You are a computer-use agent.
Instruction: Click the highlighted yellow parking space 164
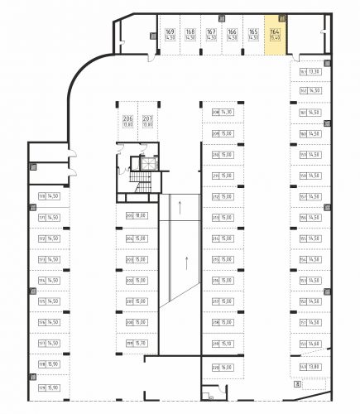(x=275, y=36)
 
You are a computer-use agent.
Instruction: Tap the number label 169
(x=169, y=31)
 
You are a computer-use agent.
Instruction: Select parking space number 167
(x=211, y=31)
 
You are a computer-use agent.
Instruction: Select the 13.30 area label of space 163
(x=315, y=72)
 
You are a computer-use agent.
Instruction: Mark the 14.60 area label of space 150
(x=315, y=344)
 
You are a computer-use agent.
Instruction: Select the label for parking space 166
(x=232, y=31)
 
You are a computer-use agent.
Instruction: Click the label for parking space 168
(x=190, y=31)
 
